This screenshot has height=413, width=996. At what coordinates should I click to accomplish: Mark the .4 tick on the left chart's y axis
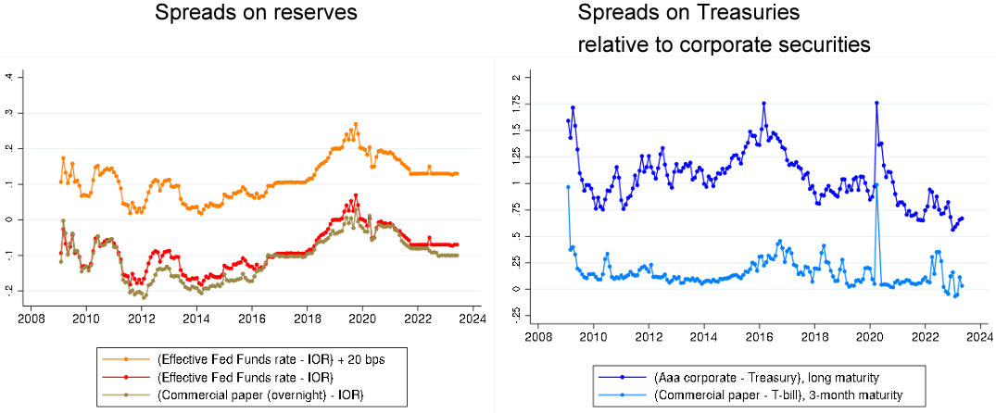9,77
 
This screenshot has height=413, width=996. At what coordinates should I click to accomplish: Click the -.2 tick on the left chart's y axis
9,290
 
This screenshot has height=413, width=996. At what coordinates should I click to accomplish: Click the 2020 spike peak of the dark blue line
876,103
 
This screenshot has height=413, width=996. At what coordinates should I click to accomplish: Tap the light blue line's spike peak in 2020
876,185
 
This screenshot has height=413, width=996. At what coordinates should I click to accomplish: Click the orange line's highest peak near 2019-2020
355,124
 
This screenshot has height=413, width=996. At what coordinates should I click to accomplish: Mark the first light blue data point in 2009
568,187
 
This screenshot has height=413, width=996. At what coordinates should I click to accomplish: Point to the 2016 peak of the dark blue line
763,103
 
